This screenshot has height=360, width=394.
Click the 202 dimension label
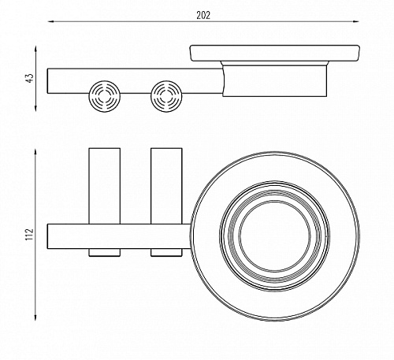point(203,16)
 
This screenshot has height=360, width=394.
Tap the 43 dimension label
point(31,78)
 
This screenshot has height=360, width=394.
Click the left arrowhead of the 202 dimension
point(51,21)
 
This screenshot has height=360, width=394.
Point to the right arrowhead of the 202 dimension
point(356,21)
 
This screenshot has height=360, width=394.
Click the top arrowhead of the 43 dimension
point(36,50)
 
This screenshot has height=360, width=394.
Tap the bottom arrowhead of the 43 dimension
point(36,108)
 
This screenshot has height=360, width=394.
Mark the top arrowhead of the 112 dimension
point(36,153)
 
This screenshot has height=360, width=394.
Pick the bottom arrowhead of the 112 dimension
point(36,317)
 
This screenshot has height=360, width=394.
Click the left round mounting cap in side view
point(105,96)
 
